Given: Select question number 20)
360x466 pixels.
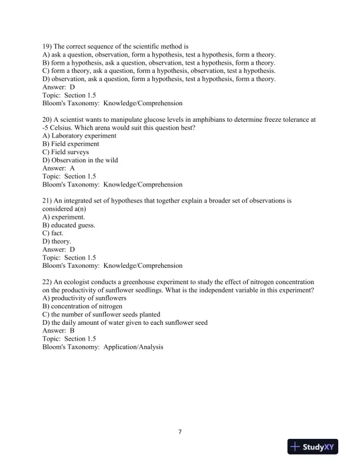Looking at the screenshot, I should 48,119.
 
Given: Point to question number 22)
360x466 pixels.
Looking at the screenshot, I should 48,282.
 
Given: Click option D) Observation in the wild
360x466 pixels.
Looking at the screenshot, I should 80,160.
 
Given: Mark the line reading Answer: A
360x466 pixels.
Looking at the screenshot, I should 58,168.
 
